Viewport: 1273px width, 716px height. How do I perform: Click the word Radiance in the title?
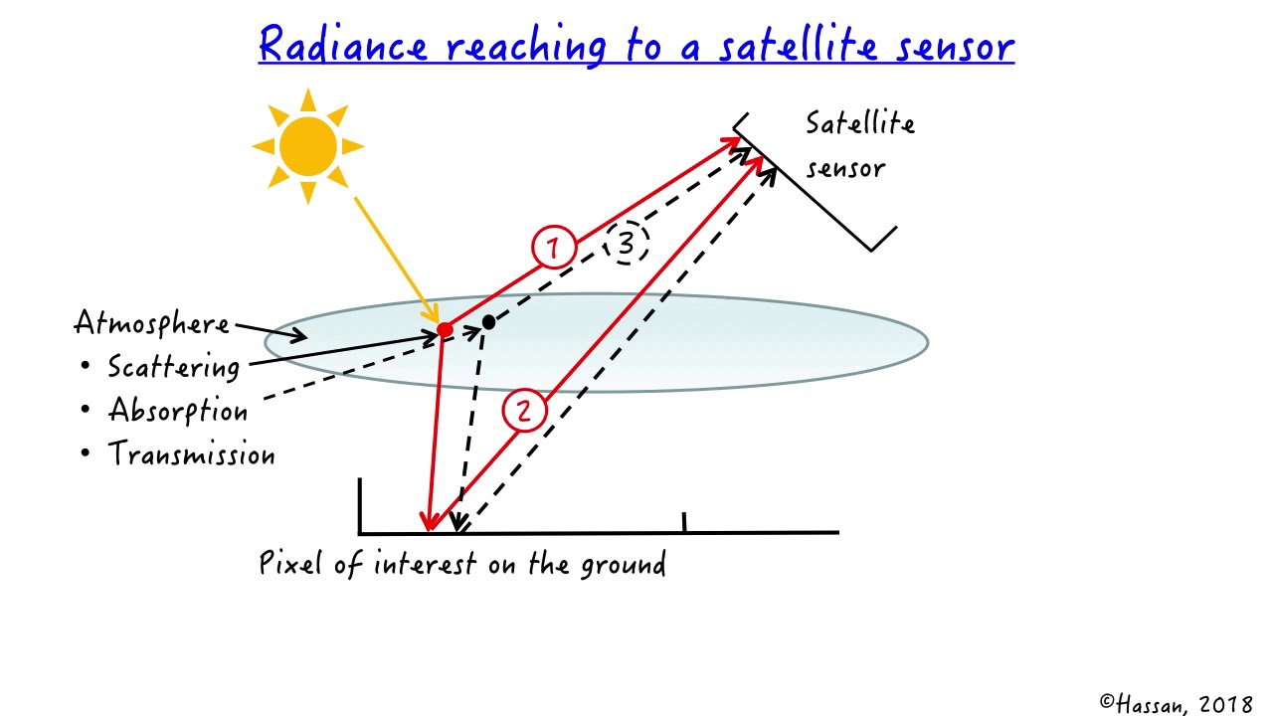pyautogui.click(x=343, y=46)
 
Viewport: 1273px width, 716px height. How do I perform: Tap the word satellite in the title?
pyautogui.click(x=780, y=46)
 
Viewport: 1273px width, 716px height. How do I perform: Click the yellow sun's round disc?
pyautogui.click(x=307, y=146)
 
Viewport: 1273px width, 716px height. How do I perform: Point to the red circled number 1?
pyautogui.click(x=553, y=248)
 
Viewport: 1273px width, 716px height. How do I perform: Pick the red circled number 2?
pyautogui.click(x=524, y=411)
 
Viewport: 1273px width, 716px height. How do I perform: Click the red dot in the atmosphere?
pyautogui.click(x=445, y=329)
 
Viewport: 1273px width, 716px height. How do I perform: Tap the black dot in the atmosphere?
pyautogui.click(x=488, y=323)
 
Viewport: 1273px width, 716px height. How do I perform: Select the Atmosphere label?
pyautogui.click(x=151, y=323)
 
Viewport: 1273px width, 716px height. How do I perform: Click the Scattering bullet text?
pyautogui.click(x=174, y=367)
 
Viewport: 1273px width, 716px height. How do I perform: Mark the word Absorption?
pyautogui.click(x=178, y=411)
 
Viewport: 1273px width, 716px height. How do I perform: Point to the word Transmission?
pyautogui.click(x=191, y=454)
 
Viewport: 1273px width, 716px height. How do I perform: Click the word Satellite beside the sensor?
pyautogui.click(x=859, y=123)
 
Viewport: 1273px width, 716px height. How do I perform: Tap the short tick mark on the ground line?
pyautogui.click(x=684, y=522)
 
